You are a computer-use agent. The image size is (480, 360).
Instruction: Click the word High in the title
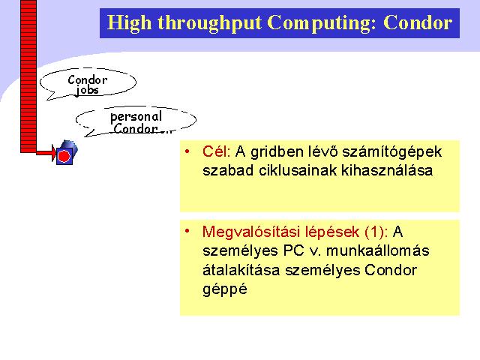129,23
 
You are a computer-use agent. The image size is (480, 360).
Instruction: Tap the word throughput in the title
210,23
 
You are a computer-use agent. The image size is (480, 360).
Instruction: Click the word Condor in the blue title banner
418,22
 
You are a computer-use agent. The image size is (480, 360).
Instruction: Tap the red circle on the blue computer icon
64,157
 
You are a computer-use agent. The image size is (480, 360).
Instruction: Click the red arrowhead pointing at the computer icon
54,153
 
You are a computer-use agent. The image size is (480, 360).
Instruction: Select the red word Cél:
217,151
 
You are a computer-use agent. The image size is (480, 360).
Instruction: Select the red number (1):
376,232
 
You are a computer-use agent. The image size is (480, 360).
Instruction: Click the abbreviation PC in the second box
293,250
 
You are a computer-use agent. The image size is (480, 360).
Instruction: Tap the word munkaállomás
378,250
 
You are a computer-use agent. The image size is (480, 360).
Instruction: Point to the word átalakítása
241,270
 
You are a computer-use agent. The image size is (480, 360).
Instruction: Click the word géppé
225,289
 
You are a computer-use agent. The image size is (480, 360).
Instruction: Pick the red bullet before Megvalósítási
187,231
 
